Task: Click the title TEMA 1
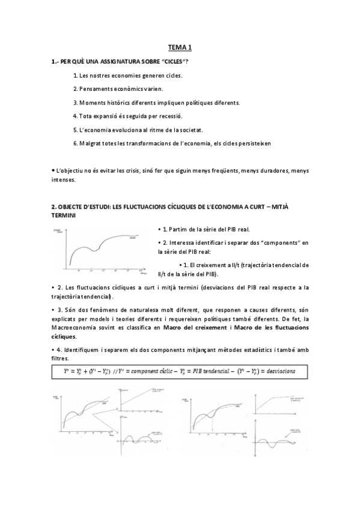pos(180,48)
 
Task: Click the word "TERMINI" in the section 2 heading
pos(64,215)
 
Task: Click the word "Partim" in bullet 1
pos(179,229)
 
